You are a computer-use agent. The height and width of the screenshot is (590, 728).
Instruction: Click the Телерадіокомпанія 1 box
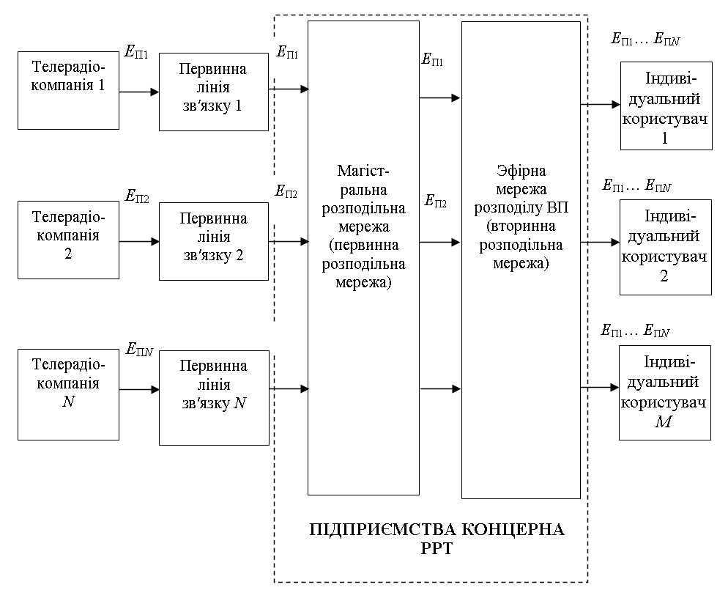[x=68, y=91]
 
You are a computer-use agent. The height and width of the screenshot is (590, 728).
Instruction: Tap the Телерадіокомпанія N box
[x=68, y=394]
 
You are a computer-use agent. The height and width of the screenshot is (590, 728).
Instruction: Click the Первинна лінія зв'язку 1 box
[x=213, y=92]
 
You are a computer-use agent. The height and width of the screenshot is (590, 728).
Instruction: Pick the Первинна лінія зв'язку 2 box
[x=213, y=241]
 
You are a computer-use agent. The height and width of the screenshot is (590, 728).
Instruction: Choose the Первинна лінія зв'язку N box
[x=213, y=398]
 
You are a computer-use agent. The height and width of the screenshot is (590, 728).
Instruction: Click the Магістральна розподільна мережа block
[x=363, y=257]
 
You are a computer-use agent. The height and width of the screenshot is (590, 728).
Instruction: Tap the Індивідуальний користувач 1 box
[x=666, y=106]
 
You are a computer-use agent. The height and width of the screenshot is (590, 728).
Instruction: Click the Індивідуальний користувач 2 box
[x=666, y=247]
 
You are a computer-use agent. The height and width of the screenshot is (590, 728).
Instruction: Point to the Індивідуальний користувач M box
[x=665, y=392]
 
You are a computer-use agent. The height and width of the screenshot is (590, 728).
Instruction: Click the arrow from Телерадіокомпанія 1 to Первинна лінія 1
[x=139, y=92]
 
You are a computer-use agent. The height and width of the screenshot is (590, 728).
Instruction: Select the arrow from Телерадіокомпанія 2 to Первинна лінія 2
[x=139, y=241]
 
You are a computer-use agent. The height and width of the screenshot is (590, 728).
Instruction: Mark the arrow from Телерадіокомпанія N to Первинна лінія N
[x=139, y=390]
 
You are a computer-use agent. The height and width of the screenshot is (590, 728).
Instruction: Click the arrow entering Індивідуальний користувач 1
[x=600, y=105]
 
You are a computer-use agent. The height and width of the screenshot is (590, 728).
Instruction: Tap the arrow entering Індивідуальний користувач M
[x=600, y=388]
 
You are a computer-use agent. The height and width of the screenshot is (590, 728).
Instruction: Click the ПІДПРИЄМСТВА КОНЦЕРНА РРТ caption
[x=437, y=538]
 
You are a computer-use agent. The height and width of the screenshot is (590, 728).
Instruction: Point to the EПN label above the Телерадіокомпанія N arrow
[x=140, y=349]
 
